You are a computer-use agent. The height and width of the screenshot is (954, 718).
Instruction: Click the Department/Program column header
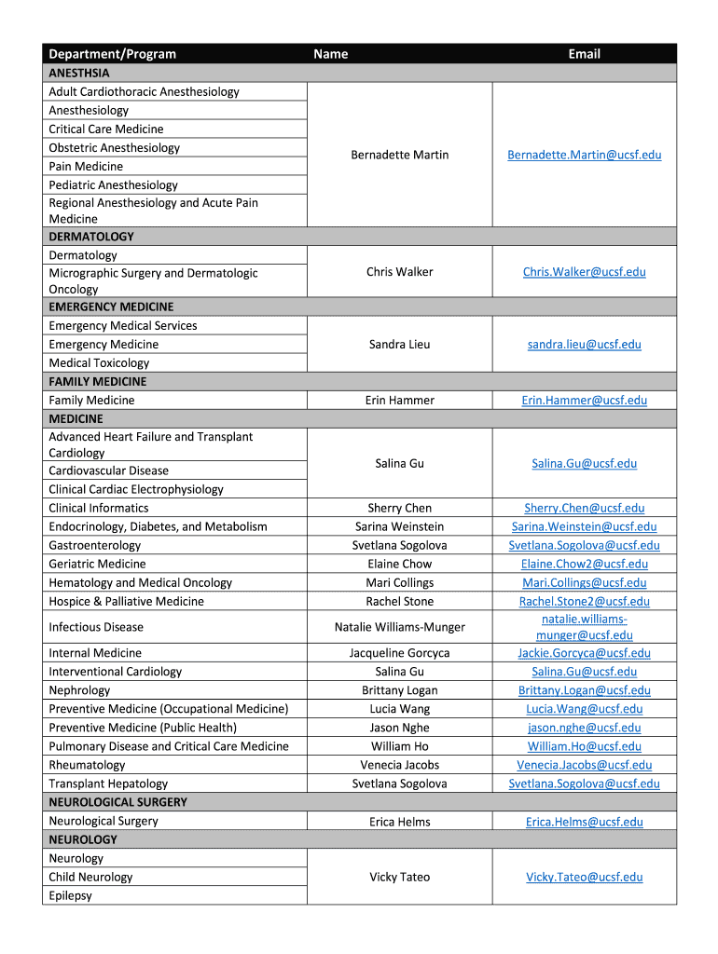(x=113, y=54)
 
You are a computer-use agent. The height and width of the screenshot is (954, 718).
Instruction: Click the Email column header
(x=585, y=54)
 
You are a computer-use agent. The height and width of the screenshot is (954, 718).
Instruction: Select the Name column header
(x=331, y=54)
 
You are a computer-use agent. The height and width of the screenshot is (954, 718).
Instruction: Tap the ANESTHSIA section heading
(x=79, y=73)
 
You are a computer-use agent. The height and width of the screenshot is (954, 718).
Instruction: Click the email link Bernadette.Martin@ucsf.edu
(x=585, y=155)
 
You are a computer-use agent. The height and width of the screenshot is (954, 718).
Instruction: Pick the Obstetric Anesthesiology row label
(x=115, y=148)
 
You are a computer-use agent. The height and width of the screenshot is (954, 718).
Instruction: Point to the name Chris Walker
(x=400, y=272)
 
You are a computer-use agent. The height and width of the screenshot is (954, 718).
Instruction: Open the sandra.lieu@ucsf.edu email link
(x=585, y=345)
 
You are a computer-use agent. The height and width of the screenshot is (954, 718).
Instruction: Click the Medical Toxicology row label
(x=99, y=363)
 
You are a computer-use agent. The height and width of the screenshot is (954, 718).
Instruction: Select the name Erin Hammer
(x=400, y=401)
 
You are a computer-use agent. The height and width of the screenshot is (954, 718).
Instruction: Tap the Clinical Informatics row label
(x=99, y=509)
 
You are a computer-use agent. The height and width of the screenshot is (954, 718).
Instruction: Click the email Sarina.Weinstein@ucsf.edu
(x=585, y=527)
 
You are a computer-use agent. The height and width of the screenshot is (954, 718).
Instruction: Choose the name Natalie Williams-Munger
(x=400, y=628)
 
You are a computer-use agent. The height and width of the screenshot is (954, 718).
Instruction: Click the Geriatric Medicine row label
(x=98, y=565)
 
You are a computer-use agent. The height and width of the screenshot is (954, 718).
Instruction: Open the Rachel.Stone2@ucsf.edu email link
(x=585, y=602)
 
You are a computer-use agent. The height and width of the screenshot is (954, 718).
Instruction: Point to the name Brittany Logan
(x=400, y=691)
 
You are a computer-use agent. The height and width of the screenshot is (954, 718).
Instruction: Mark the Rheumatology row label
(x=87, y=766)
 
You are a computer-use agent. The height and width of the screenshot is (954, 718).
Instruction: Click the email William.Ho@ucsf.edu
(x=585, y=747)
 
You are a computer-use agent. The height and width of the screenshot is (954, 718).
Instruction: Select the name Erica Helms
(x=400, y=822)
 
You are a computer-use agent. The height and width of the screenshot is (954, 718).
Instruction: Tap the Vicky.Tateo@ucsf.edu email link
(x=585, y=878)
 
